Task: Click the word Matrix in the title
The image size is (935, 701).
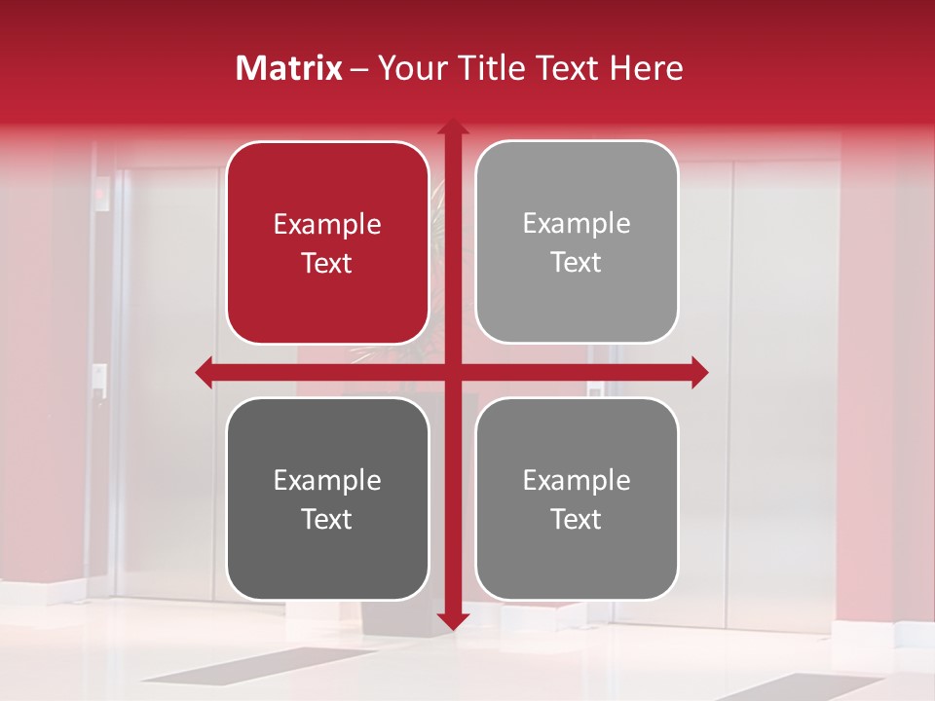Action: point(289,68)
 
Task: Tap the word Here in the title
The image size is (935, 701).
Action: point(646,68)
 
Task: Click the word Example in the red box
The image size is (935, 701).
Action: point(327,225)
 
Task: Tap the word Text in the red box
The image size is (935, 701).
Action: point(327,263)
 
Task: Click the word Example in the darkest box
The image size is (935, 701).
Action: point(327,480)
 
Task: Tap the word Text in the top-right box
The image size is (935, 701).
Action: point(577,262)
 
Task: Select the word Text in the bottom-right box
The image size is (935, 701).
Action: point(577,519)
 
